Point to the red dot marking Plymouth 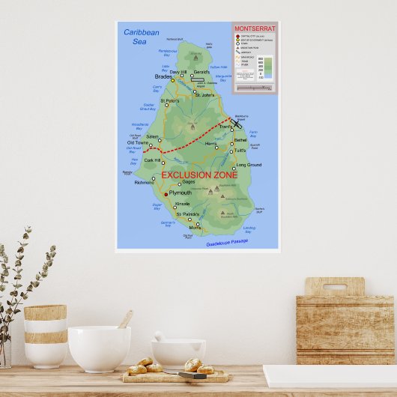pyautogui.click(x=165, y=193)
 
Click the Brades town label pyautogui.click(x=163, y=76)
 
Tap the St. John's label pyautogui.click(x=204, y=95)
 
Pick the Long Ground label pyautogui.click(x=249, y=165)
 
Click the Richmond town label pyautogui.click(x=144, y=182)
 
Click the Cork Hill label pyautogui.click(x=152, y=160)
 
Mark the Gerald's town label pyautogui.click(x=201, y=72)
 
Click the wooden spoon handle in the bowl pyautogui.click(x=126, y=319)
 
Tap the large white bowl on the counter pyautogui.click(x=99, y=348)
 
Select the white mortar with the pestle pyautogui.click(x=178, y=351)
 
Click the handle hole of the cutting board pyautogui.click(x=335, y=286)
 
